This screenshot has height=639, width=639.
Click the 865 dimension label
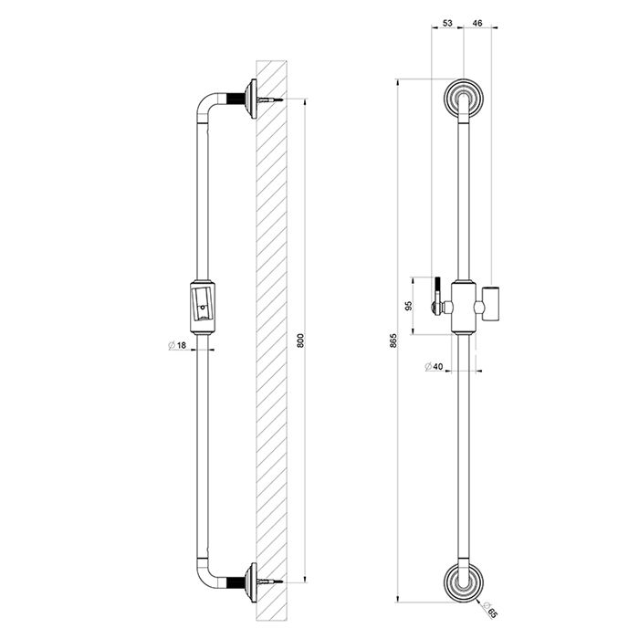395,341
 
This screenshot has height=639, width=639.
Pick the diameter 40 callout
434,367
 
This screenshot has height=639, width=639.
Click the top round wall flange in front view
464,97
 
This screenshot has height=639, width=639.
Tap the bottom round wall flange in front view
464,581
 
